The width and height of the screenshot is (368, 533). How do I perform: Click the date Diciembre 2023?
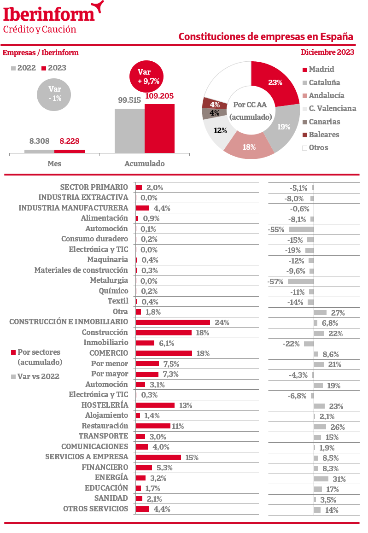327,52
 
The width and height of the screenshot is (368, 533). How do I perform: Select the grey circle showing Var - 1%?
55,94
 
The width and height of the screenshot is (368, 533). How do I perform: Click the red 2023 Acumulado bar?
159,129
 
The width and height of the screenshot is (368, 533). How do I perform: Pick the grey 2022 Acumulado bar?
129,131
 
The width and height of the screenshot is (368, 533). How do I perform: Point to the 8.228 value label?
69,141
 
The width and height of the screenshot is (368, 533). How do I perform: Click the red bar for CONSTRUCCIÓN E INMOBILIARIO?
173,322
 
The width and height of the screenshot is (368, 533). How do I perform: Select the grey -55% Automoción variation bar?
301,229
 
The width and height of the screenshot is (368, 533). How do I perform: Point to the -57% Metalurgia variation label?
275,281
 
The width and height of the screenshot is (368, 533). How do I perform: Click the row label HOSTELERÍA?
105,405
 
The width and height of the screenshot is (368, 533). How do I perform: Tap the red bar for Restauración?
153,426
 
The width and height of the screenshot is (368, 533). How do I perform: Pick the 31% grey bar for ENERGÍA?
321,479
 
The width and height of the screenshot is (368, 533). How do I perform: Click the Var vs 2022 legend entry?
38,376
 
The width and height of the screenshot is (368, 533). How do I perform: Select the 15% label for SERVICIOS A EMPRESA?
192,457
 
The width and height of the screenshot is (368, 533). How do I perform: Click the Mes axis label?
54,164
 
